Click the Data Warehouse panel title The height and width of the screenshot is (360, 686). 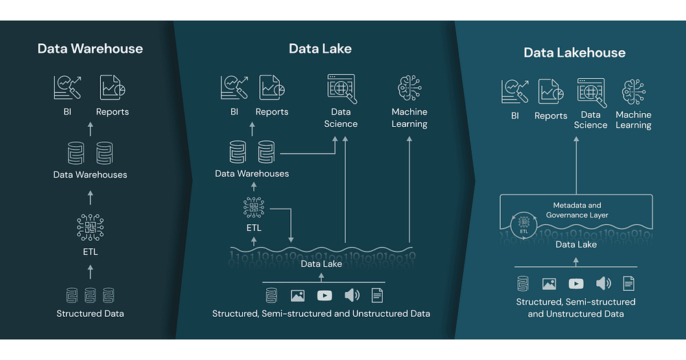click(x=90, y=49)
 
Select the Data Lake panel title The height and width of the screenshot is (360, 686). click(x=320, y=49)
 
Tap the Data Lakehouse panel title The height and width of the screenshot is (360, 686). click(x=575, y=53)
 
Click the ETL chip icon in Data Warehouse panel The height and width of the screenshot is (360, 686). click(x=90, y=228)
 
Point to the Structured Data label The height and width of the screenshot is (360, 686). click(x=90, y=314)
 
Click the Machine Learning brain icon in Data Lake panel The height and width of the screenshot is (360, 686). click(x=410, y=88)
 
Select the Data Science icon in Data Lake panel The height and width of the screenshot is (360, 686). click(x=340, y=88)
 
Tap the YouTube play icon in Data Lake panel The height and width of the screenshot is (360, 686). click(x=324, y=296)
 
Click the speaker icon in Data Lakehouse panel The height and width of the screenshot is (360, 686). click(x=603, y=283)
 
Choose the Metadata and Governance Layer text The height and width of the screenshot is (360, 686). click(x=577, y=210)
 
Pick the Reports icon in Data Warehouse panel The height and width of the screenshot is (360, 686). click(x=113, y=88)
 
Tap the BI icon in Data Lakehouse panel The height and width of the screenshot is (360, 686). click(x=514, y=92)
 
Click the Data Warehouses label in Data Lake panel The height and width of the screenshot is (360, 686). click(x=252, y=173)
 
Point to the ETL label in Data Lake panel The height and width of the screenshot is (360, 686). click(x=253, y=228)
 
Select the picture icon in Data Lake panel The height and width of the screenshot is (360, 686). click(x=298, y=296)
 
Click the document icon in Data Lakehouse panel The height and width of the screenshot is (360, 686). click(x=628, y=283)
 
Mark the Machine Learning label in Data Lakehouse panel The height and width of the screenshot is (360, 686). click(x=633, y=120)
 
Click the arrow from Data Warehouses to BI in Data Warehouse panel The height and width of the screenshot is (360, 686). click(x=90, y=128)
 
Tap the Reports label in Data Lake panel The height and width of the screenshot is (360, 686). click(x=272, y=112)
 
